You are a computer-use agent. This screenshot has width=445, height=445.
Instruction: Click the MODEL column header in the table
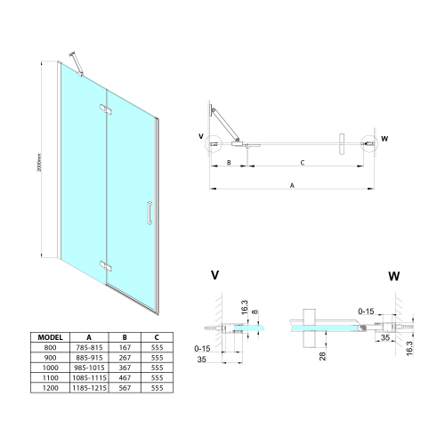[x=50, y=338]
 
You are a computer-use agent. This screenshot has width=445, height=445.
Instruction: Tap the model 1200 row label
[x=50, y=387]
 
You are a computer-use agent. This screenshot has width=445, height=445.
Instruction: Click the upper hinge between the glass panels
[x=106, y=110]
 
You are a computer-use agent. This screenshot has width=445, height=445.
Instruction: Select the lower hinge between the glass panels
[x=106, y=263]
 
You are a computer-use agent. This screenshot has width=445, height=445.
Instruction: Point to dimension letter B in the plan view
[x=229, y=163]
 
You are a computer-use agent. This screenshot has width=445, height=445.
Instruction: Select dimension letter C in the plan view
[x=302, y=163]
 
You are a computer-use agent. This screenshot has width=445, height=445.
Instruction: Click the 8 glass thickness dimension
[x=255, y=311]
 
